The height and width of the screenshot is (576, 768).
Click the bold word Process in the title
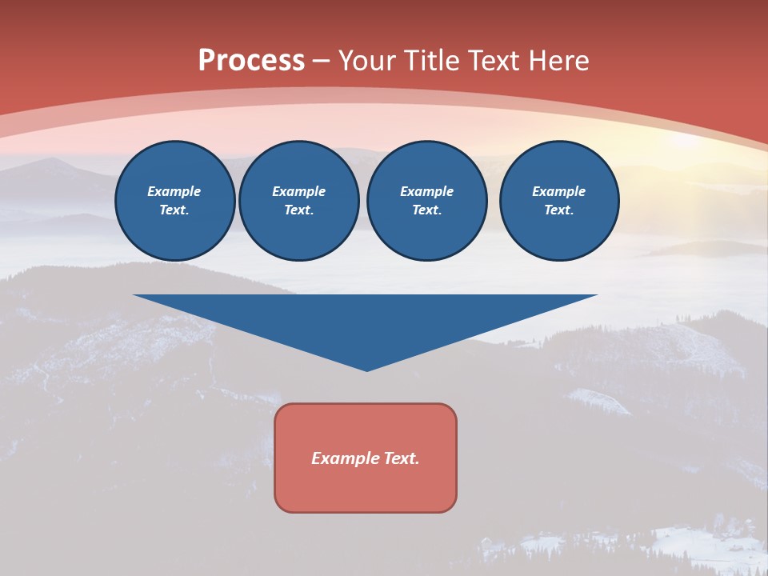[x=251, y=61]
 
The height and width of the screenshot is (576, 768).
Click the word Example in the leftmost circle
[x=174, y=191]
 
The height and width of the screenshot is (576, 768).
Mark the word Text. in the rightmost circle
[x=558, y=210]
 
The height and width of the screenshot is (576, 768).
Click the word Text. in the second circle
[x=298, y=210]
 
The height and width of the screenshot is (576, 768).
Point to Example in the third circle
[x=426, y=191]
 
